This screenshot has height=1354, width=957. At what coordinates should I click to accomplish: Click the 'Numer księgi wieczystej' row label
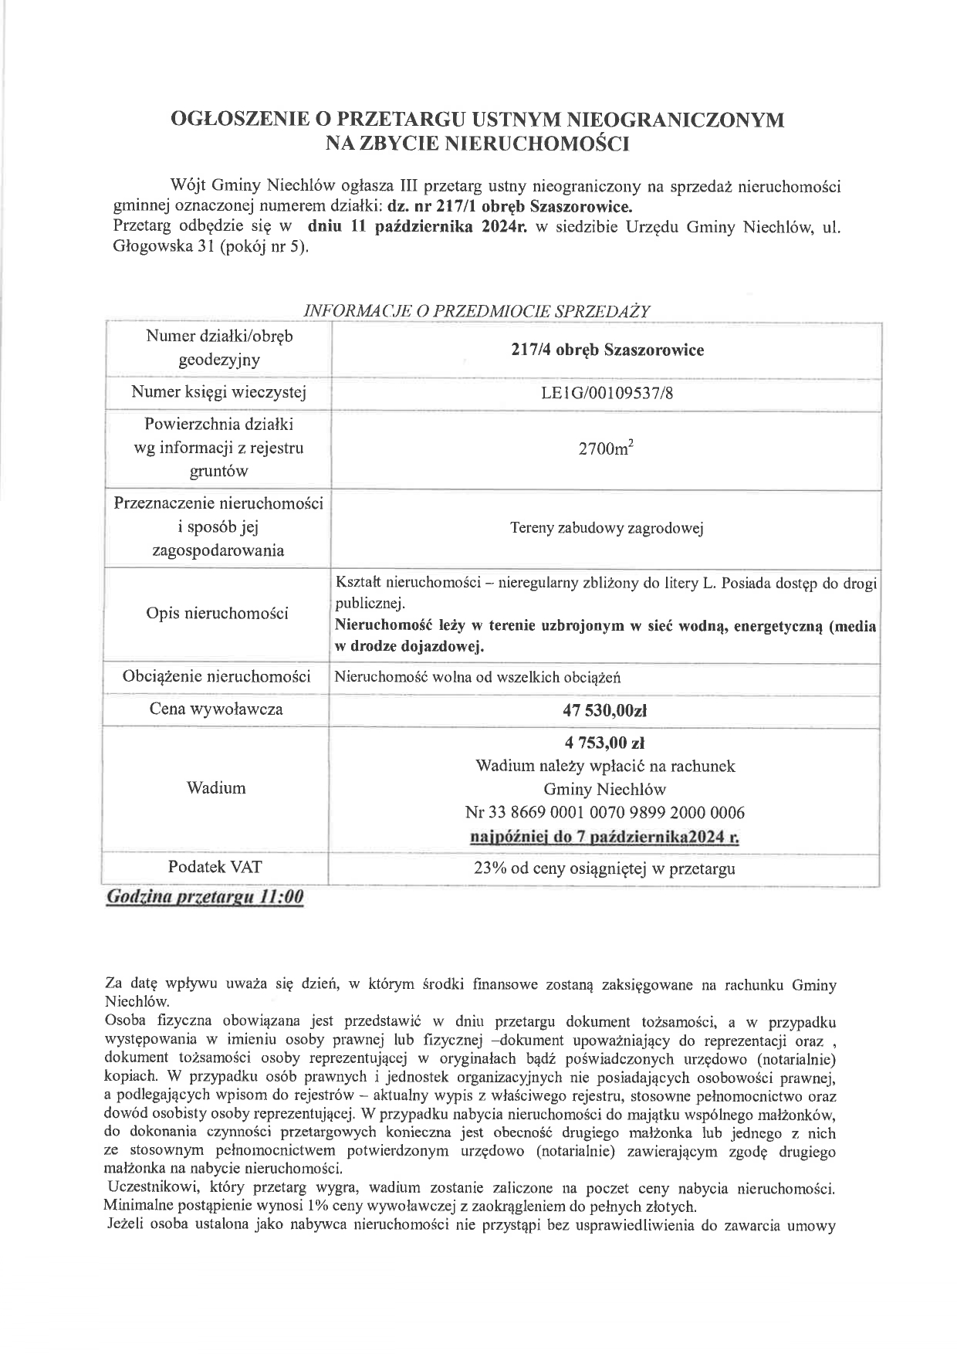[218, 393]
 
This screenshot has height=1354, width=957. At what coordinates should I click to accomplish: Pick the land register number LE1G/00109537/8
[607, 394]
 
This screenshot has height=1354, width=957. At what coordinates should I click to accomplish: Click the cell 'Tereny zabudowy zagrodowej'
[607, 529]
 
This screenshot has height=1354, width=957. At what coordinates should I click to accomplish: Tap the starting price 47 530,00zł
[607, 709]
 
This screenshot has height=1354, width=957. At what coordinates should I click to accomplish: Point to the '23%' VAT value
[489, 868]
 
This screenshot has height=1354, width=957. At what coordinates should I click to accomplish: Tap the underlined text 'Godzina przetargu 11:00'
[205, 897]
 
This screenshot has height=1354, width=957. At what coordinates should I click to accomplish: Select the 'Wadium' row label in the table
[217, 788]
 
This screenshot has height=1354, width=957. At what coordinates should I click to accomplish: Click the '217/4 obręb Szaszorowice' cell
[607, 350]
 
